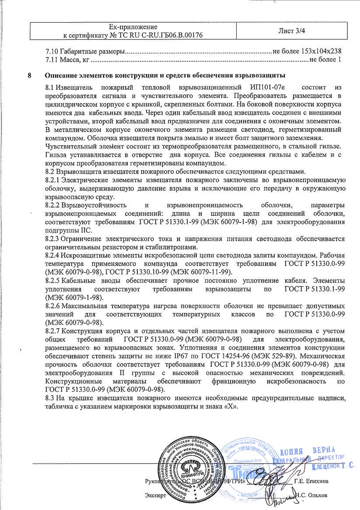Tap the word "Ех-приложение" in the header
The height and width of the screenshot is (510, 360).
click(133, 27)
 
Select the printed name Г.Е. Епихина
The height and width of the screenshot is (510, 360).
click(311, 482)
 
